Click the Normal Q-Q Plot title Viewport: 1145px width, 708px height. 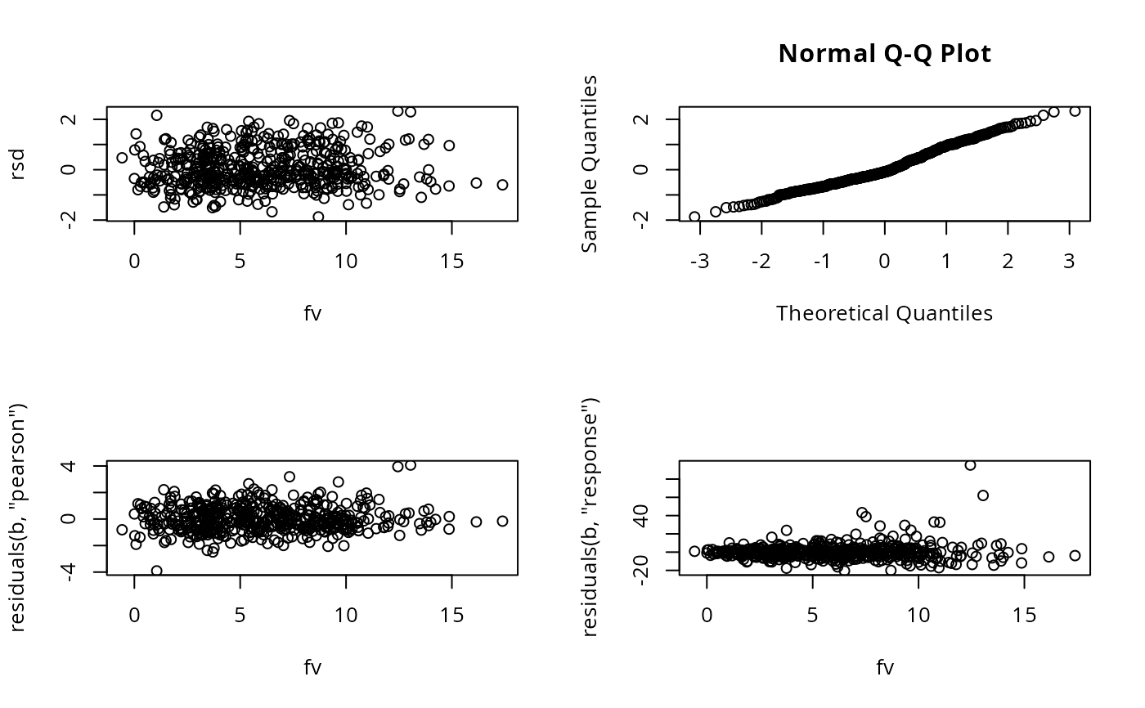coord(884,54)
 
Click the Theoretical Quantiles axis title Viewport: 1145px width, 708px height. coord(884,313)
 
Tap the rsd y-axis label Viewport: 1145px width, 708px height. coord(18,164)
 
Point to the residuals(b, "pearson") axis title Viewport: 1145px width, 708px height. coord(18,518)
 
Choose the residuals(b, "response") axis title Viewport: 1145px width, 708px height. coord(590,518)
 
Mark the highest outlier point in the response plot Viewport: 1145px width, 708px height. coord(970,465)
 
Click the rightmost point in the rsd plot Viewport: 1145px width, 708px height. coord(502,185)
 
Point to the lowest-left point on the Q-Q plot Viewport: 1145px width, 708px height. coord(694,217)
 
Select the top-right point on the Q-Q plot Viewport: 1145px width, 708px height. coord(1075,111)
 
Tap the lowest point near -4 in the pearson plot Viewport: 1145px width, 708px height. coord(156,571)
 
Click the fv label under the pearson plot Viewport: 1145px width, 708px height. coord(312,667)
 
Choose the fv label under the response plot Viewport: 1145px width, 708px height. coord(884,667)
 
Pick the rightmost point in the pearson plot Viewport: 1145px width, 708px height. coord(502,521)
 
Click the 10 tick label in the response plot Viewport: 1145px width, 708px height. coord(918,615)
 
